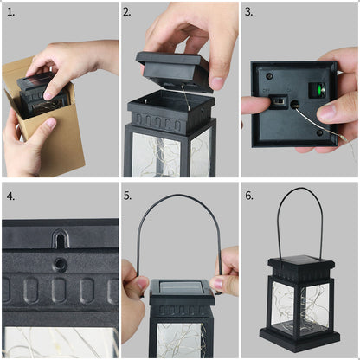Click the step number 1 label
pos(10,12)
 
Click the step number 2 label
pos(127,12)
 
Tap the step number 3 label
pos(249,12)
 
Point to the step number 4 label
pos(10,196)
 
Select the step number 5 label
pos(127,196)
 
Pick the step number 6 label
pos(249,196)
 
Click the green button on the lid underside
pos(319,89)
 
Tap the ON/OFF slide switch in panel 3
pos(279,102)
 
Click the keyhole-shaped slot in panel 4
pos(61,238)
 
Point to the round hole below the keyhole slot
pos(60,265)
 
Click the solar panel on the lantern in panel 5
pos(181,288)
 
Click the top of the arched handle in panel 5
pos(180,196)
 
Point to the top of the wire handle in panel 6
pos(299,189)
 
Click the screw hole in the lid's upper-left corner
pos(269,76)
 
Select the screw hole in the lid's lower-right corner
pos(319,132)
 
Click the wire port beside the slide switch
pos(294,105)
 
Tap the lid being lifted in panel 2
pos(175,72)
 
